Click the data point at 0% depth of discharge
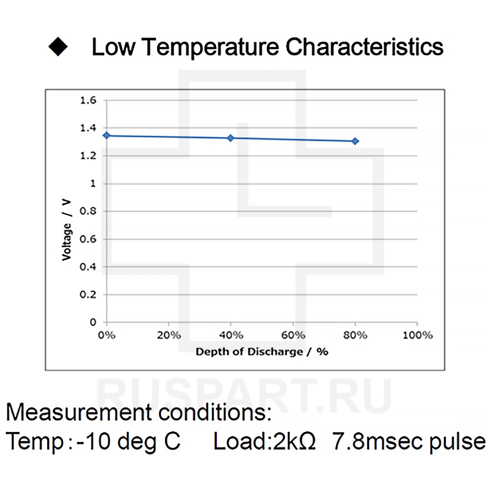click(107, 135)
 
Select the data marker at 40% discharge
click(231, 138)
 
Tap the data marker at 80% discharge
click(355, 141)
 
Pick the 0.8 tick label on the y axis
click(89, 212)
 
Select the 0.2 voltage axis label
click(89, 295)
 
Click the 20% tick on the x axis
click(168, 335)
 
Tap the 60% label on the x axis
click(293, 335)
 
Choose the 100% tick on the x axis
click(417, 335)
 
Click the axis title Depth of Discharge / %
click(262, 352)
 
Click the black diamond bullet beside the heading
click(58, 48)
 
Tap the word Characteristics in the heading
click(365, 48)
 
